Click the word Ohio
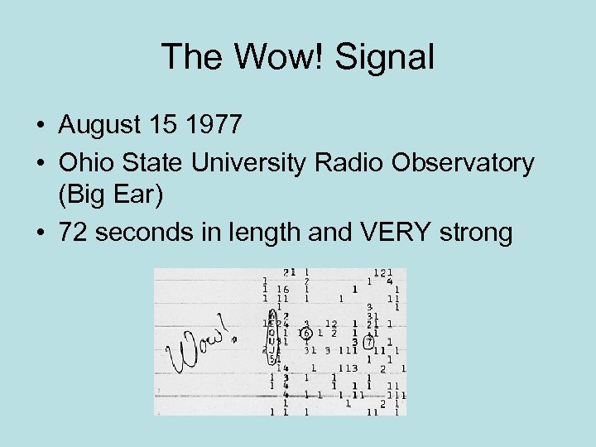tap(84, 163)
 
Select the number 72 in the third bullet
tap(72, 233)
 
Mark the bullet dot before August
tap(40, 126)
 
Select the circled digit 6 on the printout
tap(305, 334)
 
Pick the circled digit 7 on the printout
tap(369, 342)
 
